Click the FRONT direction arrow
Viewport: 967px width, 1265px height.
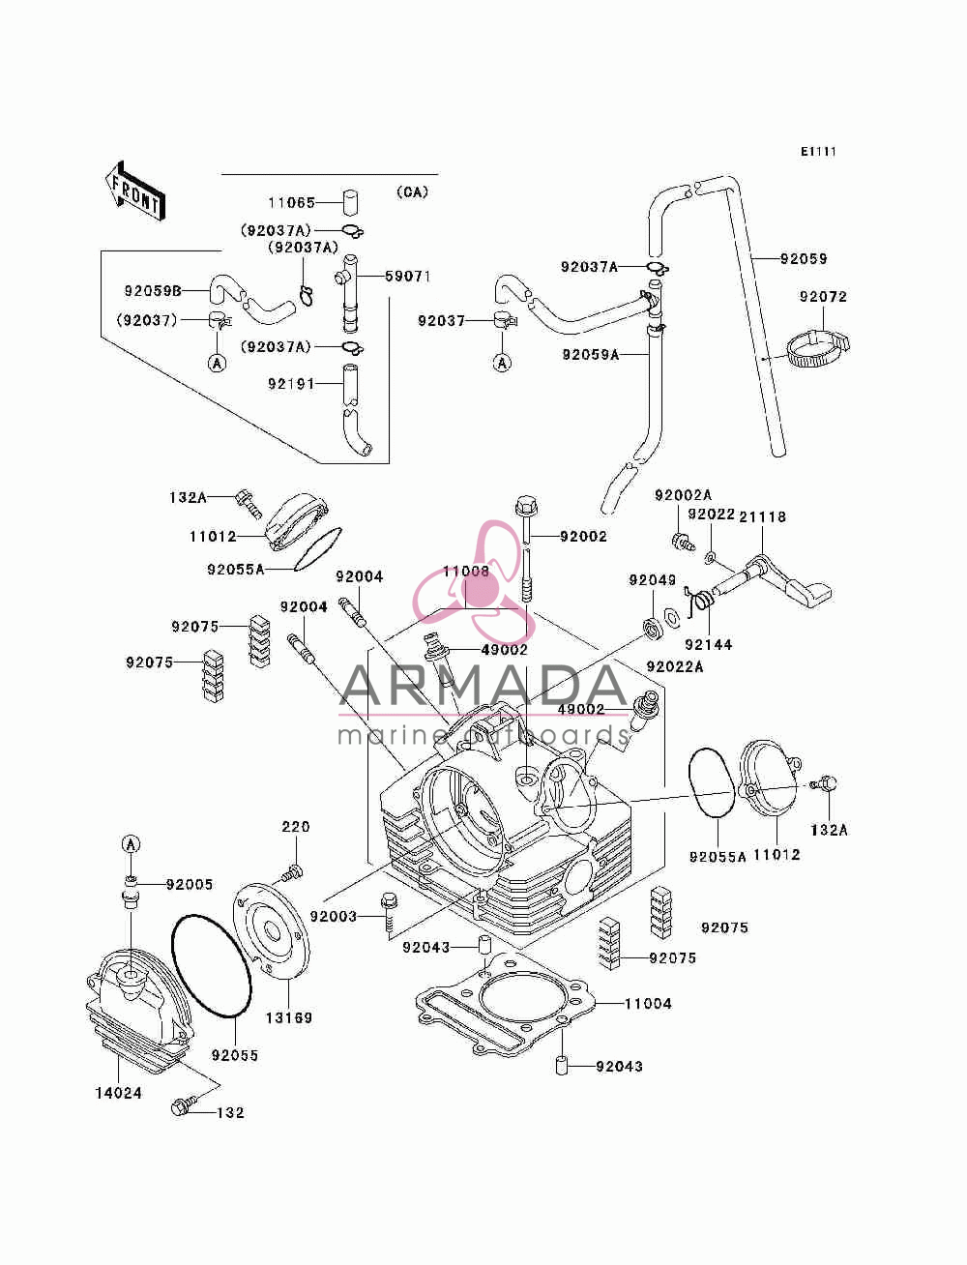click(x=135, y=191)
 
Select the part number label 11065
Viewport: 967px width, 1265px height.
click(x=292, y=203)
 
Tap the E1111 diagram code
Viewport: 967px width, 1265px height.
click(x=818, y=152)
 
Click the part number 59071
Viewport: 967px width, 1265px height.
click(x=408, y=277)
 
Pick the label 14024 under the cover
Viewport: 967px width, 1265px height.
click(x=119, y=1093)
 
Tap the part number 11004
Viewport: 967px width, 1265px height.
click(x=648, y=1003)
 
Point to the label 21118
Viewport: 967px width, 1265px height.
click(x=762, y=517)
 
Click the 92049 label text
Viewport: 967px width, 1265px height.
click(x=653, y=579)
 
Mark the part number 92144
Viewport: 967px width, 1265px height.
click(x=708, y=644)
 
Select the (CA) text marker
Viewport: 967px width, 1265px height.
click(x=413, y=192)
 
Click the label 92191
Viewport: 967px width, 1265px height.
click(x=291, y=384)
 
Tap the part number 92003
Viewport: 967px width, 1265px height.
click(x=333, y=916)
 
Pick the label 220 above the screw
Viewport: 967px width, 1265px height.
click(x=296, y=827)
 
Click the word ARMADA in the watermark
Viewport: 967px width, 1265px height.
click(x=483, y=686)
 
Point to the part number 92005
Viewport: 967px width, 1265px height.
click(x=190, y=884)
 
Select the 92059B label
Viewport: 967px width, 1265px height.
click(x=154, y=291)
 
